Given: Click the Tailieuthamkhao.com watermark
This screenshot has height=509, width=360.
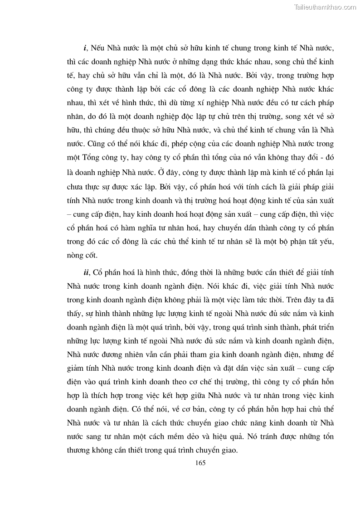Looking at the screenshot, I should (x=325, y=7).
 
